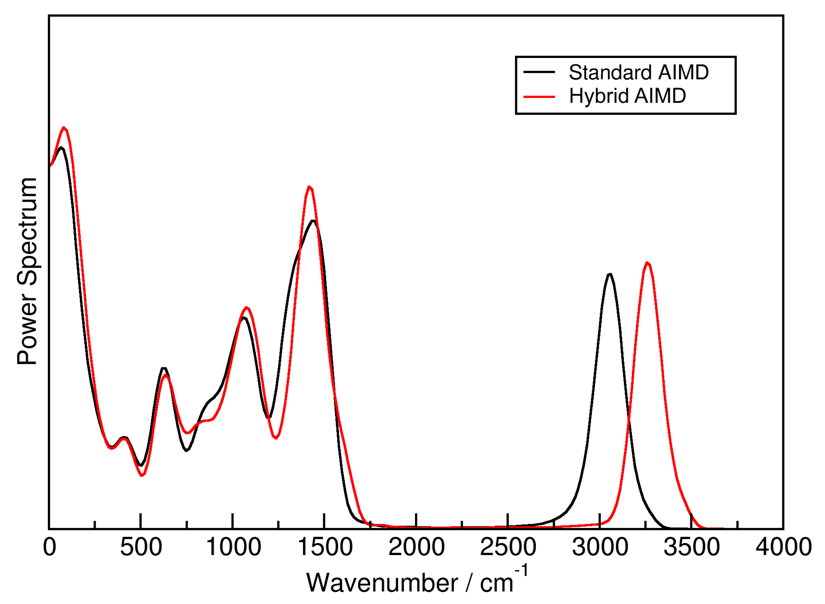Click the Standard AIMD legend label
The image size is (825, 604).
[x=638, y=72]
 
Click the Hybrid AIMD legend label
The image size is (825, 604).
[x=627, y=96]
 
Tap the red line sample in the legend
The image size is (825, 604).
[x=539, y=97]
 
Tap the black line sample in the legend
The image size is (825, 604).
[x=539, y=72]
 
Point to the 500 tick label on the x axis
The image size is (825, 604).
[x=141, y=547]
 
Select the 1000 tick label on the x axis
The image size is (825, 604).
[x=233, y=547]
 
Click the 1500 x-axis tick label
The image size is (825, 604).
[x=325, y=547]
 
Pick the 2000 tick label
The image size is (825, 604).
[x=417, y=547]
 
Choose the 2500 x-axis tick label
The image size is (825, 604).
[x=508, y=547]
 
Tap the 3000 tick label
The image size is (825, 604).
[x=600, y=547]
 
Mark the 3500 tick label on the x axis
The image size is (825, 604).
[x=691, y=547]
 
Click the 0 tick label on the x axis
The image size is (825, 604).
[x=50, y=547]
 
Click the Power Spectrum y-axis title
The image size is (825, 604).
[x=27, y=271]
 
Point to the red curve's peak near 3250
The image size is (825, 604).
[x=647, y=263]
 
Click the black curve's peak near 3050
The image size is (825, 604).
[x=610, y=274]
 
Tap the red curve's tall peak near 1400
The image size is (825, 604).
[x=310, y=187]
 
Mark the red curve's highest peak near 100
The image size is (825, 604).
[x=64, y=128]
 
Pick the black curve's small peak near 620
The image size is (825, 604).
[x=164, y=368]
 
